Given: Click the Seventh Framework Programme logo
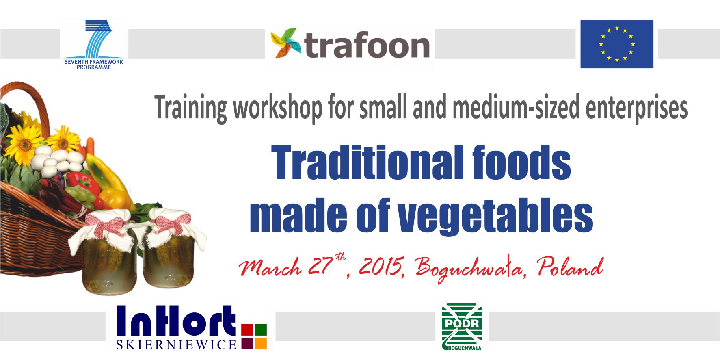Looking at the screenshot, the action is click(93, 45).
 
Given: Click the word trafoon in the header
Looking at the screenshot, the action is click(367, 45).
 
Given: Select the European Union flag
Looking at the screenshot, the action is click(616, 44).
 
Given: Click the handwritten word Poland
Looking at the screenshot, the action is click(570, 267).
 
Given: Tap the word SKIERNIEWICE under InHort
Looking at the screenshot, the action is click(176, 345).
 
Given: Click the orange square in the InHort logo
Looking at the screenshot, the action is click(261, 343).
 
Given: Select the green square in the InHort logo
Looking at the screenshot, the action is click(261, 329).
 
